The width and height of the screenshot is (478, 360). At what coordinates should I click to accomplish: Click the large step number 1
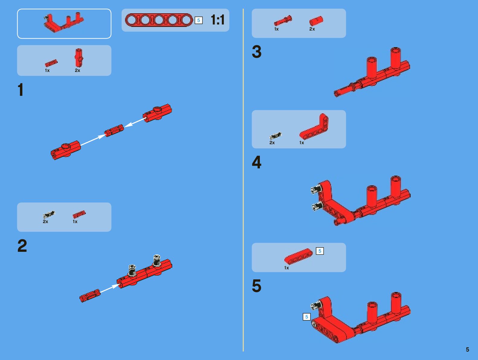coord(21,89)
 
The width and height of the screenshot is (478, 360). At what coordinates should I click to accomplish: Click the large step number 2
coord(22,245)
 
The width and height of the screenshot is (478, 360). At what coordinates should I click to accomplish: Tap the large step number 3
coord(257,52)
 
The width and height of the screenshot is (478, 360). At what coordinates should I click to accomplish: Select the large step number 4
coord(257,162)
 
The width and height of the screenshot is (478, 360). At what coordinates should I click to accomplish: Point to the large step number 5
coord(257,286)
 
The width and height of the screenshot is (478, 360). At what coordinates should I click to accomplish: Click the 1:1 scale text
coord(218,20)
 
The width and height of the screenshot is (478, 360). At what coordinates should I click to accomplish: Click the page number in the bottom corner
coord(467,349)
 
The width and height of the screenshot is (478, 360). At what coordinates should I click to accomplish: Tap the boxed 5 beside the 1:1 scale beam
coord(199,20)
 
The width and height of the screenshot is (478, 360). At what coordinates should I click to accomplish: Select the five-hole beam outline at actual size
coord(159,20)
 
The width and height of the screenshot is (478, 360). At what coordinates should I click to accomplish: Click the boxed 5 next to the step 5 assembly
coord(307,317)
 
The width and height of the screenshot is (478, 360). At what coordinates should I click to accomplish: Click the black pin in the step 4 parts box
coord(276,136)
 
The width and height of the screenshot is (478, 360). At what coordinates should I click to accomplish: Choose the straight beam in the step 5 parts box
coord(299,256)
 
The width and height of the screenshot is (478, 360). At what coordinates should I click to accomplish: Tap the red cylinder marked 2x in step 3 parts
coord(316,21)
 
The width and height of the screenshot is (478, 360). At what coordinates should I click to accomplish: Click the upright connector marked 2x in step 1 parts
coord(79,58)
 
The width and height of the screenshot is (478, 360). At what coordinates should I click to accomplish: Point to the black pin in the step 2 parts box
coord(49,215)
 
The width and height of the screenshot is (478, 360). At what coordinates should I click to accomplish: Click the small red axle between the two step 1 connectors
coord(114,131)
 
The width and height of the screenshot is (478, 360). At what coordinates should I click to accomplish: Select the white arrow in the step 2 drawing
coord(110,289)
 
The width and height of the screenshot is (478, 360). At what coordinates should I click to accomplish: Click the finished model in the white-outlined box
coord(63,23)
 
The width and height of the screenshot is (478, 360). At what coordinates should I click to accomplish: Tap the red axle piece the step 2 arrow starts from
coord(90,296)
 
